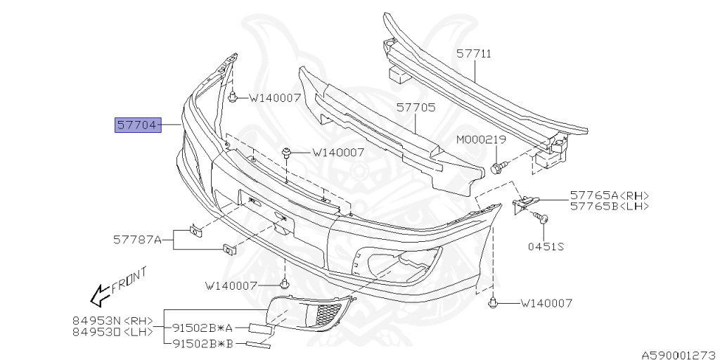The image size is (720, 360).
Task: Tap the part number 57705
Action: click(416, 108)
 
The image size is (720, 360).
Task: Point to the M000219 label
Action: click(481, 140)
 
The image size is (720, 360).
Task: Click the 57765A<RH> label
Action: click(610, 195)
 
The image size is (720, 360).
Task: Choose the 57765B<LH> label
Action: click(610, 207)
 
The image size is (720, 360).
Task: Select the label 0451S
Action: click(546, 246)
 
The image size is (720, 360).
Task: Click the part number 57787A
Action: click(137, 240)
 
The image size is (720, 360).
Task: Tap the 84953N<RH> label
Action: click(112, 320)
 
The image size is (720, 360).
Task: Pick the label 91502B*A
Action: click(204, 328)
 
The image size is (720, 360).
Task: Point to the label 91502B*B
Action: click(204, 344)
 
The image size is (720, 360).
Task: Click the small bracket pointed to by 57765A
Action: click(522, 205)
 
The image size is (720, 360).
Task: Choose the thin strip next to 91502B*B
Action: click(258, 343)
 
